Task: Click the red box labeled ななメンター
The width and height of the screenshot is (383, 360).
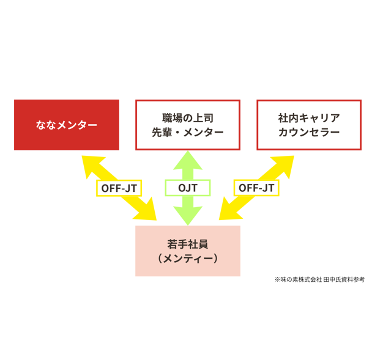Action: coord(67,125)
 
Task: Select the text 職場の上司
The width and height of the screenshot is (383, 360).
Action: coord(188,118)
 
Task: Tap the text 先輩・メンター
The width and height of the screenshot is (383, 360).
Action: coord(188,132)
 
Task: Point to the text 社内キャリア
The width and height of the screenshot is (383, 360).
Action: coord(309,118)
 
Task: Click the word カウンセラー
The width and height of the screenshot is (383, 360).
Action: coord(309,132)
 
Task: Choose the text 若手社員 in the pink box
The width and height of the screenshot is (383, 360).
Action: coord(188,244)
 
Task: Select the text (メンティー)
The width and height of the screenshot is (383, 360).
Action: coord(188,258)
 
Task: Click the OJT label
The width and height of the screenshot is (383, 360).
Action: coord(188,188)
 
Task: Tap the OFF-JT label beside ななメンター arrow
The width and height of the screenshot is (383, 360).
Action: coord(119,188)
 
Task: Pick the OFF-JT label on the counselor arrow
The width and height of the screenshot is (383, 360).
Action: coord(256,188)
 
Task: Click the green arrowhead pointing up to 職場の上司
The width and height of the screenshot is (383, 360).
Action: coord(188,160)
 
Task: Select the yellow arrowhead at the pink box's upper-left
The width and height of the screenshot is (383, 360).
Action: coord(147,210)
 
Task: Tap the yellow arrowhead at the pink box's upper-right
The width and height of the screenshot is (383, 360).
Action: coord(229,210)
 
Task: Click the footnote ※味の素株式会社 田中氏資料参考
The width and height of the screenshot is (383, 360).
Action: coord(319,279)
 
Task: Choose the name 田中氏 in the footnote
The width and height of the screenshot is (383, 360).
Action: coord(332,279)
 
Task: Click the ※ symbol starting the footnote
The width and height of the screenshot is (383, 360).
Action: coord(277,280)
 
